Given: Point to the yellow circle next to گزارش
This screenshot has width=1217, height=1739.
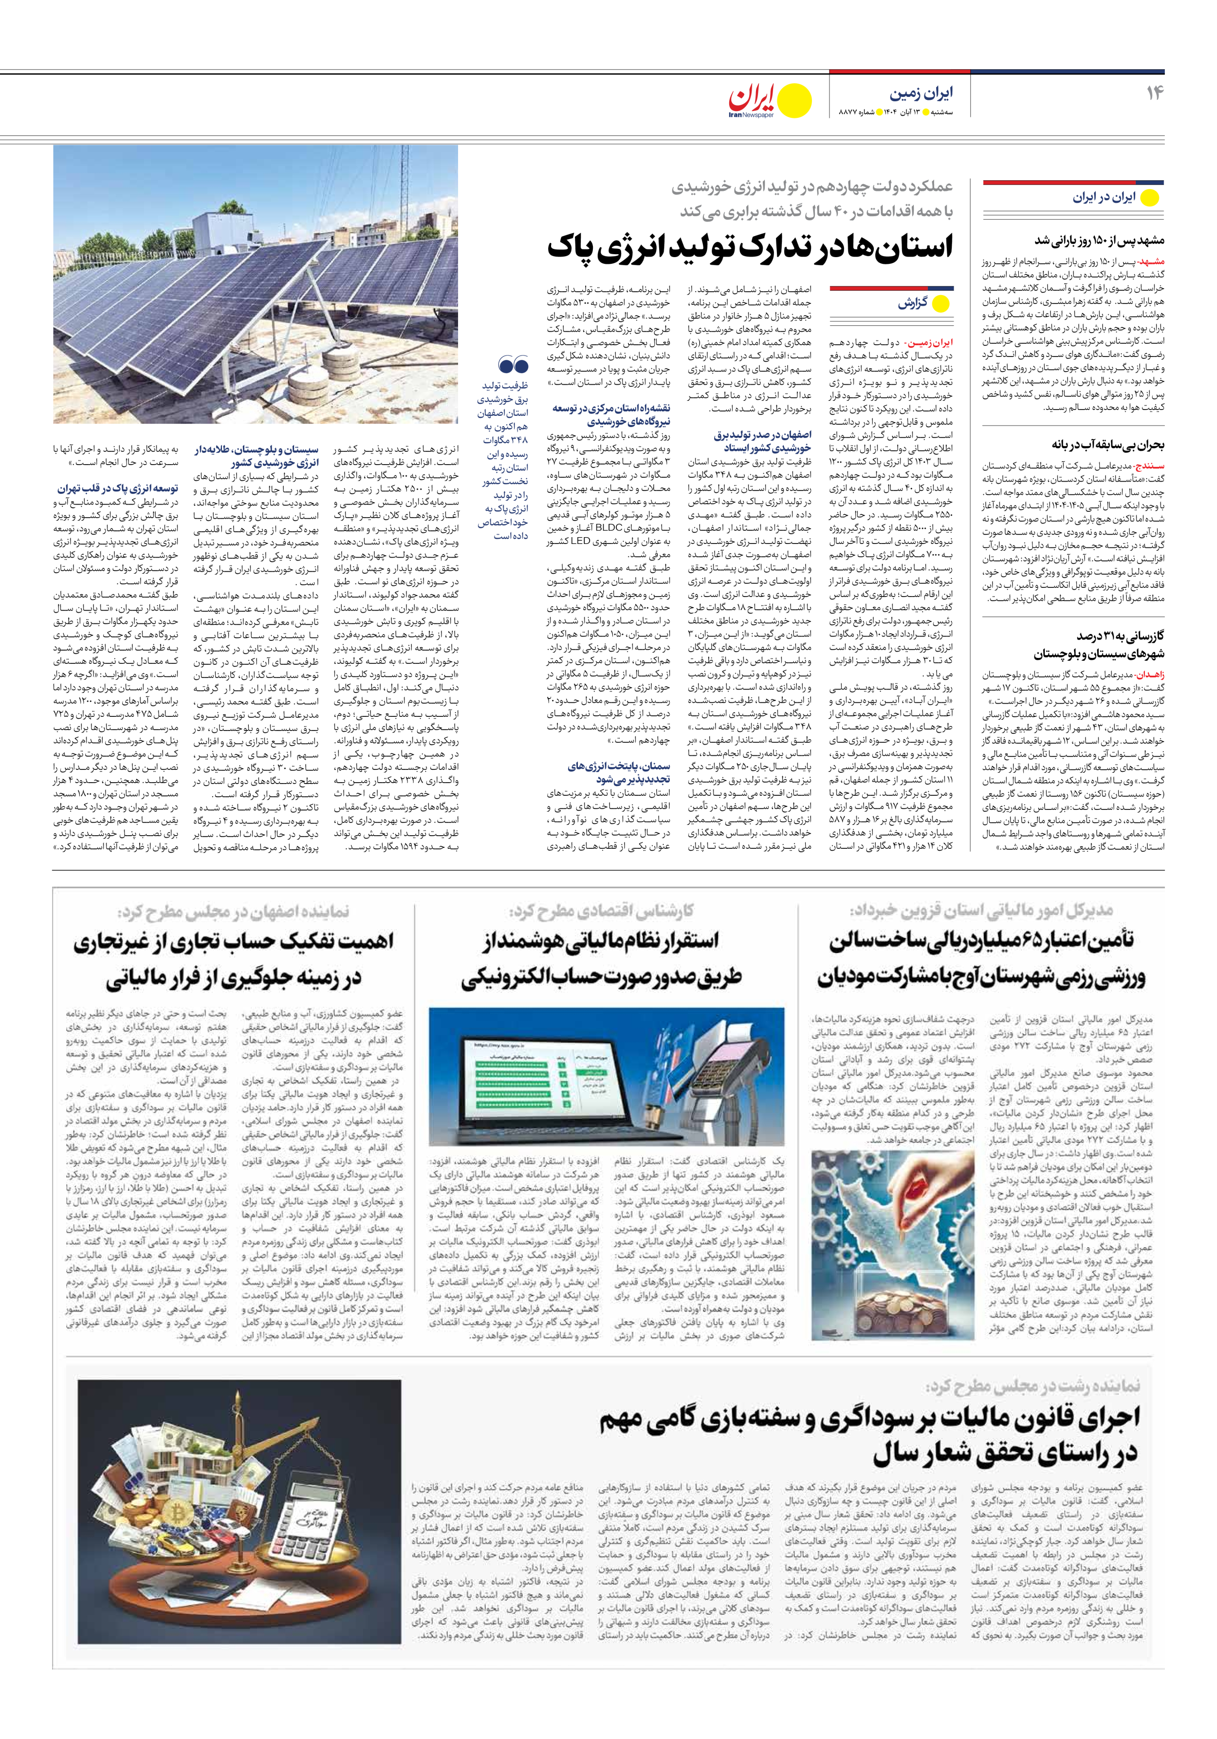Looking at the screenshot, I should (940, 304).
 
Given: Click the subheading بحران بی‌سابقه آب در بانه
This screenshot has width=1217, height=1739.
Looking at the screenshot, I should (1107, 446).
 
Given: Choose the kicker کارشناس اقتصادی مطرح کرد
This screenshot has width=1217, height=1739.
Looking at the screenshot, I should (601, 910).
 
